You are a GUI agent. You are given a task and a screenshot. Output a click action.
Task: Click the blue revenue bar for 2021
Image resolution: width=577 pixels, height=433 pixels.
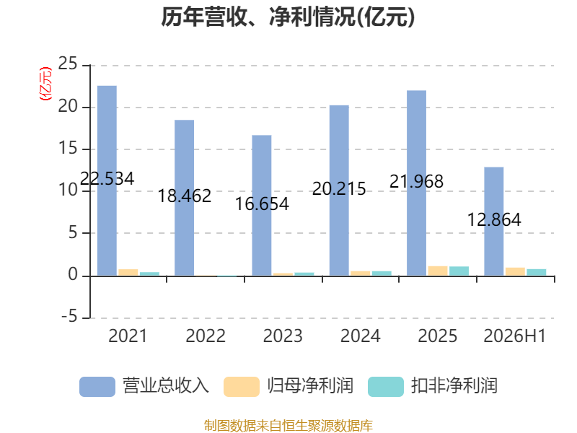(x=107, y=180)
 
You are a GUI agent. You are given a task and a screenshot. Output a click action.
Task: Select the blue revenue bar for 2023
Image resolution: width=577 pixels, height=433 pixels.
(x=262, y=205)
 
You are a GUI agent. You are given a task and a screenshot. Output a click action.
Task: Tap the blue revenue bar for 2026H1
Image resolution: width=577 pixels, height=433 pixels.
(x=494, y=222)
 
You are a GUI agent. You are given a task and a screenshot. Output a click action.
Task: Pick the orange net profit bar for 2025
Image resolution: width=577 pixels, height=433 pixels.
(x=438, y=271)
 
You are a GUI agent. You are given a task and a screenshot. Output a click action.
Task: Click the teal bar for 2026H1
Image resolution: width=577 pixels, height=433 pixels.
(x=537, y=272)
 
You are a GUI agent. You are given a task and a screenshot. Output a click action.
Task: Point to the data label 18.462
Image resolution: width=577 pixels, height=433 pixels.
(x=185, y=196)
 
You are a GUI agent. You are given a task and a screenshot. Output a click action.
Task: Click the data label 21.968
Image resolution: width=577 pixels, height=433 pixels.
(x=417, y=182)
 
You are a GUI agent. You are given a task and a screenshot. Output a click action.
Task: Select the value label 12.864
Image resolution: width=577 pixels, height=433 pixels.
(x=494, y=220)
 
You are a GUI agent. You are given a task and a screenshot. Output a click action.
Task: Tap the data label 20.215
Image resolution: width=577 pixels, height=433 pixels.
(x=339, y=189)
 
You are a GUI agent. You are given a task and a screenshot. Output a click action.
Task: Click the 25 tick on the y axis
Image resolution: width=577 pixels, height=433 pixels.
(x=68, y=64)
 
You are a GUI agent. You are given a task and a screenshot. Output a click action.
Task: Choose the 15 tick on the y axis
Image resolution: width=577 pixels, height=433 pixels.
(x=68, y=148)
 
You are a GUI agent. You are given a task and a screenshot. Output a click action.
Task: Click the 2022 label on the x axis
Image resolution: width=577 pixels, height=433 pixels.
(x=206, y=336)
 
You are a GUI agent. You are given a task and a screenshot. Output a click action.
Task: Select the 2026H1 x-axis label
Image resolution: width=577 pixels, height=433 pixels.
(x=514, y=336)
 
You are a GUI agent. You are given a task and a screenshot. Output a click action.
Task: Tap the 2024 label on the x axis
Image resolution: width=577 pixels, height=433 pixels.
(x=360, y=336)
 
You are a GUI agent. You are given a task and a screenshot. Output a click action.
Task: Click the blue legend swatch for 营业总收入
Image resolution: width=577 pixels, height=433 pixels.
(x=97, y=387)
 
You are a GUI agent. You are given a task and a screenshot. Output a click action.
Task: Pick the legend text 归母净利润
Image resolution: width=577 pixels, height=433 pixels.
(x=310, y=386)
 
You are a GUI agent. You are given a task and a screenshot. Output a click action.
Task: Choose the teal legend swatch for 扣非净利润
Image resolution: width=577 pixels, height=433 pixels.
(x=386, y=387)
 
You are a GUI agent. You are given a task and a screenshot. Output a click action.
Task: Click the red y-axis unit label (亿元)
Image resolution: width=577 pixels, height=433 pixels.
(x=45, y=84)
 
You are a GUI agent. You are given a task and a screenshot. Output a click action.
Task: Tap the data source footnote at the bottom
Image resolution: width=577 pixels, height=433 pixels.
(x=288, y=426)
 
